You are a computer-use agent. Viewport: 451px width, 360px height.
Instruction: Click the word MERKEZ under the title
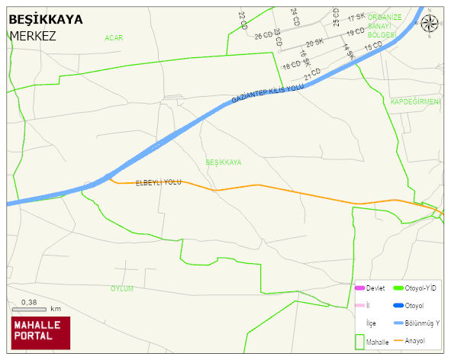tap(33, 35)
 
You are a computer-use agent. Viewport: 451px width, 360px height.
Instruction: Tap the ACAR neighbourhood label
tap(114, 37)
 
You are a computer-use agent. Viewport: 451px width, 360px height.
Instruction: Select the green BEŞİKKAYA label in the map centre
tap(224, 162)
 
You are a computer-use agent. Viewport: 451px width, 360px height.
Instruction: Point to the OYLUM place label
tap(122, 289)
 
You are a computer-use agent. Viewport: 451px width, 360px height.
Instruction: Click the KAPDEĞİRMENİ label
tap(416, 101)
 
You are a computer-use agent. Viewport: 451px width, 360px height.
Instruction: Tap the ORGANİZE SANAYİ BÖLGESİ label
tap(384, 25)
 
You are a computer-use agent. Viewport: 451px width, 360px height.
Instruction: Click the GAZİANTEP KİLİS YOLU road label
tap(268, 95)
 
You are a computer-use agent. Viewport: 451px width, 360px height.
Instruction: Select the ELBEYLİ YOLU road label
tap(158, 183)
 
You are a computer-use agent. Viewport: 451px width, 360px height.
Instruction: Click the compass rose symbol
tap(430, 24)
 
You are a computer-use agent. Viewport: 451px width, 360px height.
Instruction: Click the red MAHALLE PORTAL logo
tap(40, 333)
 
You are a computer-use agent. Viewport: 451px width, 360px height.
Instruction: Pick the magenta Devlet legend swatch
tap(360, 288)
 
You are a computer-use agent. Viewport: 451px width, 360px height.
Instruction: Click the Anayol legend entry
tap(415, 340)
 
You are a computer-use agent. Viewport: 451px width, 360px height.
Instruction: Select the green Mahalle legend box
tap(360, 340)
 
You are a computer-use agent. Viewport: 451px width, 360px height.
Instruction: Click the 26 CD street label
tap(263, 35)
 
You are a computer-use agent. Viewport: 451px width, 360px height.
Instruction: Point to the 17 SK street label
tap(356, 18)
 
